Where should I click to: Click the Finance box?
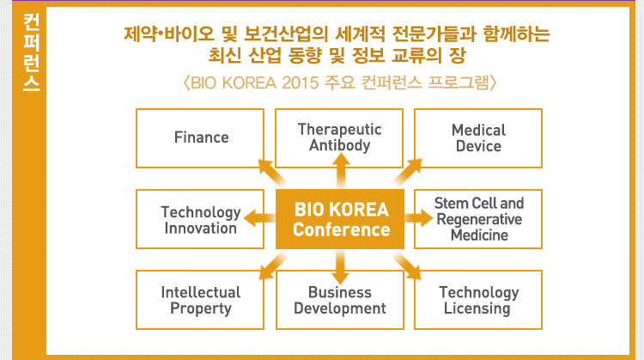pyautogui.click(x=200, y=138)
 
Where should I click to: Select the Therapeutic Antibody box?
pyautogui.click(x=339, y=138)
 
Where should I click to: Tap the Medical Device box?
pyautogui.click(x=478, y=138)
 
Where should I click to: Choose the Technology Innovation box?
pyautogui.click(x=200, y=219)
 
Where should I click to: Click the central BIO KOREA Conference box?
pyautogui.click(x=340, y=219)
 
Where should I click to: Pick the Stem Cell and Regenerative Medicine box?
pyautogui.click(x=478, y=219)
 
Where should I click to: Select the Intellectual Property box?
pyautogui.click(x=200, y=300)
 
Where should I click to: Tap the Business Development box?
pyautogui.click(x=340, y=300)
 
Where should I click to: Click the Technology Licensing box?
pyautogui.click(x=478, y=300)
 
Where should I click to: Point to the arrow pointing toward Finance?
pyautogui.click(x=272, y=172)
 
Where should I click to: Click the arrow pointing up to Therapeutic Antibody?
pyautogui.click(x=341, y=170)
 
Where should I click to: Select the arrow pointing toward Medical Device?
pyautogui.click(x=408, y=172)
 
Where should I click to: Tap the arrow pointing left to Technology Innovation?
pyautogui.click(x=259, y=218)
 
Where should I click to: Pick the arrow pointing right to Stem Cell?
pyautogui.click(x=419, y=218)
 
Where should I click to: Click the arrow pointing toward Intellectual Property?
pyautogui.click(x=273, y=265)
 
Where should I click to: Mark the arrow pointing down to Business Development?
pyautogui.click(x=341, y=267)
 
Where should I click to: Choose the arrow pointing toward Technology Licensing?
pyautogui.click(x=407, y=265)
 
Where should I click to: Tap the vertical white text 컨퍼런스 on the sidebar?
pyautogui.click(x=31, y=52)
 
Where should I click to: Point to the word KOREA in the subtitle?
pyautogui.click(x=249, y=83)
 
